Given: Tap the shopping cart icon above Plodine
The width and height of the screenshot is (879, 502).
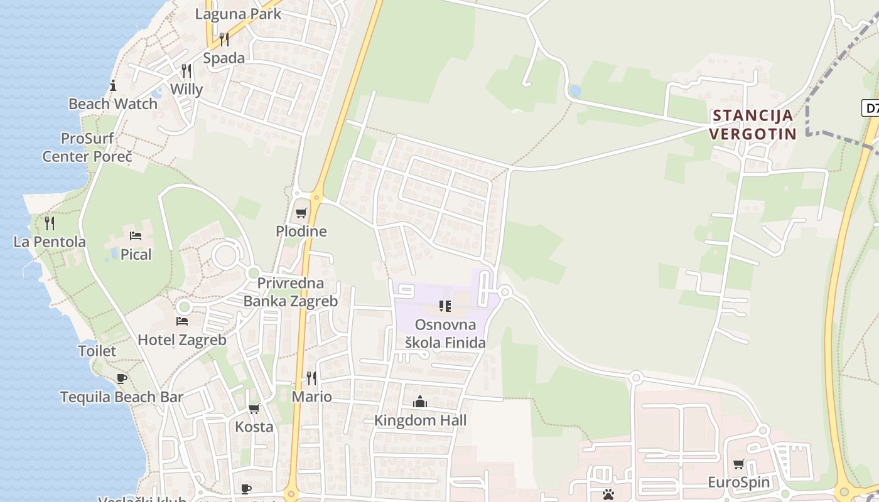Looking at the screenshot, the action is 301,213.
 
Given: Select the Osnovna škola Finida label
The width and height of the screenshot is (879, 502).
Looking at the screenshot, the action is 445,334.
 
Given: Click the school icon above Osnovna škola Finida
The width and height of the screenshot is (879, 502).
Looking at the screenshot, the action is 445,306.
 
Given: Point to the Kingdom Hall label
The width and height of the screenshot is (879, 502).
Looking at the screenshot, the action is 420,420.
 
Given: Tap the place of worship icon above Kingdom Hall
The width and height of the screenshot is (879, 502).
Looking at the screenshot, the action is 420,402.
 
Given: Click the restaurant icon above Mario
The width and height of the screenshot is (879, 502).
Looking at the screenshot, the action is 311,378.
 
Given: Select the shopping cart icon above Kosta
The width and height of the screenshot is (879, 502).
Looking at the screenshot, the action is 254,409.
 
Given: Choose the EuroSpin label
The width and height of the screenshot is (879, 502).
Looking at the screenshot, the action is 738,483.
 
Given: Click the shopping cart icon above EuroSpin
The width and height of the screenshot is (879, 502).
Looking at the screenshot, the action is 739,464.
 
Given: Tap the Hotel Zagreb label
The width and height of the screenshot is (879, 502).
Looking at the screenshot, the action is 182,340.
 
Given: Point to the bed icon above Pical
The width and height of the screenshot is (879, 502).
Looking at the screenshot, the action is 136,236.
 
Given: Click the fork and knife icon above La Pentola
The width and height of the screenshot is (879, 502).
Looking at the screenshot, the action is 50,223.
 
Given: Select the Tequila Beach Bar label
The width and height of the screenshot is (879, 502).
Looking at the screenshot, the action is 122,397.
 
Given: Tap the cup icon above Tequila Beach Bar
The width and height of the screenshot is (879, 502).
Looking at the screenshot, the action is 122,378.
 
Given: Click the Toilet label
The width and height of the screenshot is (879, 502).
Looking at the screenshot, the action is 97,351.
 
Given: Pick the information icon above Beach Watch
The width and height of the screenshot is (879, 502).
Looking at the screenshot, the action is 113,85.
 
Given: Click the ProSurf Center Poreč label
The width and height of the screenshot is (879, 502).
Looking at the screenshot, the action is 87,147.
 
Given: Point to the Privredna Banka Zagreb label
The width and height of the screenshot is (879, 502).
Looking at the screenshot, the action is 291,292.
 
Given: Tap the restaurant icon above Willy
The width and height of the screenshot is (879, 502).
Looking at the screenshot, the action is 186,70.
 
